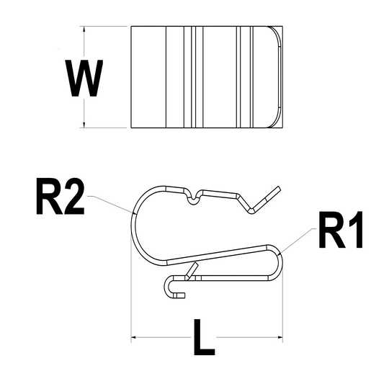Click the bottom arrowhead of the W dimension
point(84,125)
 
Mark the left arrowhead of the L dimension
point(135,336)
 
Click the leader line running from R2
point(108,201)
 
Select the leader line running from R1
point(299,238)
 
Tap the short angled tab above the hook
point(191,270)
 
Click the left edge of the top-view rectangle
point(131,78)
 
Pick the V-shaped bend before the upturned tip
point(251,210)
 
